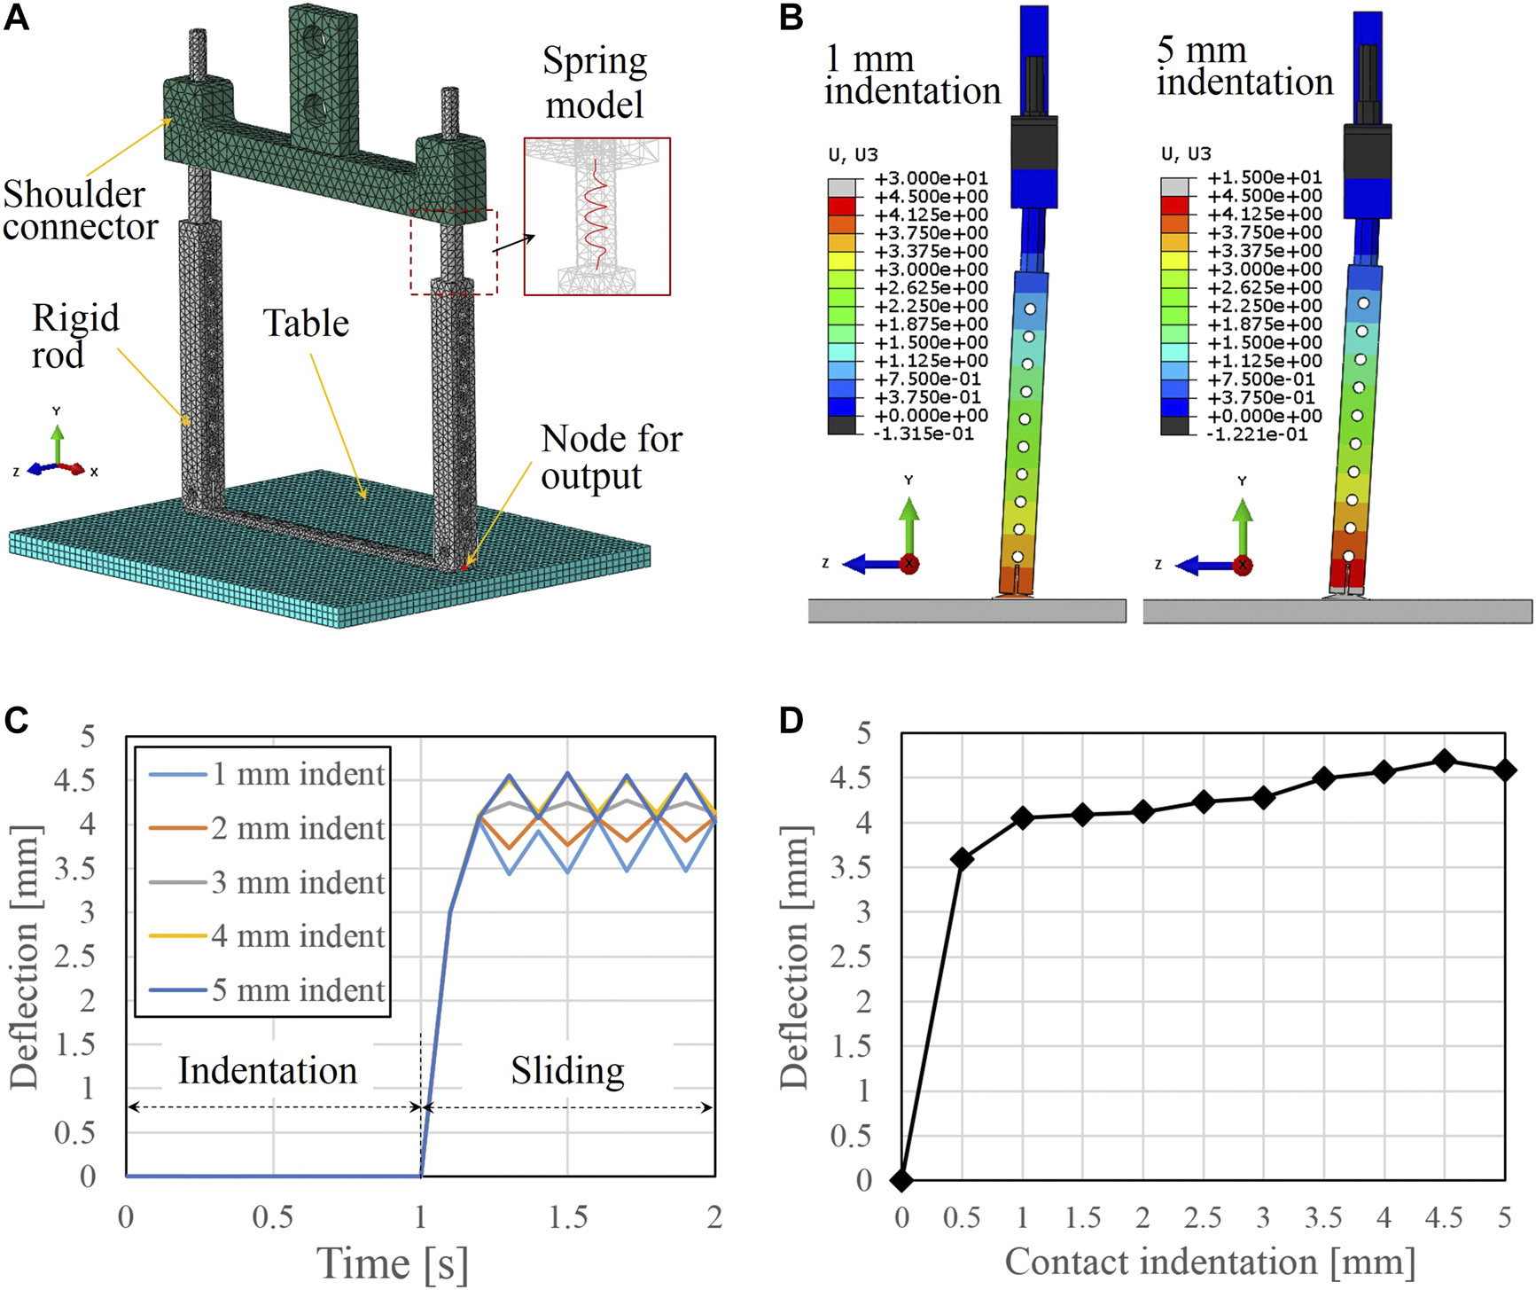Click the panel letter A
17,17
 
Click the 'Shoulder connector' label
80,210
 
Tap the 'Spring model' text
595,82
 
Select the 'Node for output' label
611,457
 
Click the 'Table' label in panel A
306,324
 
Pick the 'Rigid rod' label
75,337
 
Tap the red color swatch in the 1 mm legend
841,206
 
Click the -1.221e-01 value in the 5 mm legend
1257,434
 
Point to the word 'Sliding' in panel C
567,1071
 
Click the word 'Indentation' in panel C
268,1071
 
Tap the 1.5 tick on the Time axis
567,1217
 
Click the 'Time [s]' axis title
393,1263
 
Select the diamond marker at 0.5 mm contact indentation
962,858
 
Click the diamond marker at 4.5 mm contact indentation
1444,761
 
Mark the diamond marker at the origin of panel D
902,1180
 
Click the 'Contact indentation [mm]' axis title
1209,1262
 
